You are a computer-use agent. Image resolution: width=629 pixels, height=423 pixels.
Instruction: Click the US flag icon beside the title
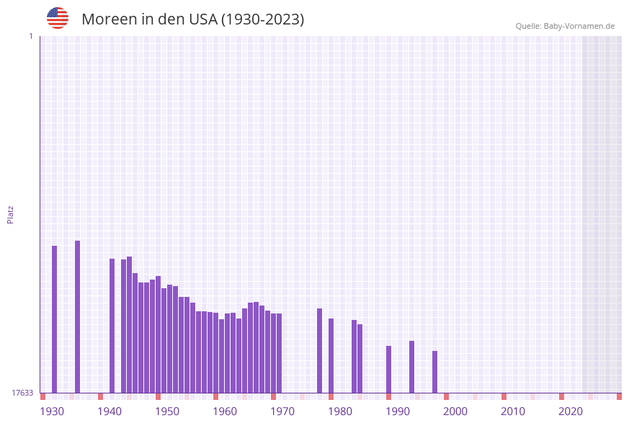tap(58, 18)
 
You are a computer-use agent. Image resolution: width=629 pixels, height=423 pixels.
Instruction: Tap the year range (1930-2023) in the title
tap(262, 19)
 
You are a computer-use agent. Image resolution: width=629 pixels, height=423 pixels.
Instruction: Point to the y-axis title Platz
tap(11, 214)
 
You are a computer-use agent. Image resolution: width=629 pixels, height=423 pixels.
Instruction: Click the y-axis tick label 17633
tap(22, 393)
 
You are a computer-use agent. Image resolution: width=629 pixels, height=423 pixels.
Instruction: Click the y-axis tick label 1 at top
tap(30, 36)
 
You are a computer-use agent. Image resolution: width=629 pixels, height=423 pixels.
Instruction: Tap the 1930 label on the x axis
tap(52, 411)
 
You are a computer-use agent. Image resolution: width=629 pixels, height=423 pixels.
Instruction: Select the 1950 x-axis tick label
tap(167, 411)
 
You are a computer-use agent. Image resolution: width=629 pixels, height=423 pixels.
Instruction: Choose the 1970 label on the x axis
tap(282, 411)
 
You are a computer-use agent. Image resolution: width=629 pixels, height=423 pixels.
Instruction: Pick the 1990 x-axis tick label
tap(398, 411)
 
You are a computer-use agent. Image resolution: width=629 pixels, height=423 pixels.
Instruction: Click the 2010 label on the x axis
tap(513, 411)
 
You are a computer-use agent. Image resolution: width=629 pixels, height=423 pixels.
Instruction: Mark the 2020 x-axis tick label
tap(571, 411)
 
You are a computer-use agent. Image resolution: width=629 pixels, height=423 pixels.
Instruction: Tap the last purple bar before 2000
tap(434, 372)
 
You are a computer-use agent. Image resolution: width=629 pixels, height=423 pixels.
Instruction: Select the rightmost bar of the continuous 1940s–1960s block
tap(279, 353)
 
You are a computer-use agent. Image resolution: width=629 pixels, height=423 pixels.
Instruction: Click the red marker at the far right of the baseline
tap(619, 396)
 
